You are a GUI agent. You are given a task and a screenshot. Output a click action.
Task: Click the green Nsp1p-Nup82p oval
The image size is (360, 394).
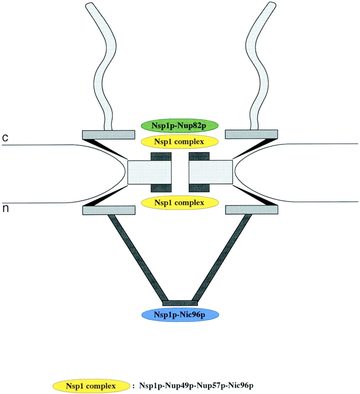(x=180, y=125)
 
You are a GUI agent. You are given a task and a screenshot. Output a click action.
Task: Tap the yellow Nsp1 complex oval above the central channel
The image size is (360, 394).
(x=180, y=141)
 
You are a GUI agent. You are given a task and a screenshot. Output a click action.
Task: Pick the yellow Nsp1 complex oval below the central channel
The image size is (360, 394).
(x=180, y=202)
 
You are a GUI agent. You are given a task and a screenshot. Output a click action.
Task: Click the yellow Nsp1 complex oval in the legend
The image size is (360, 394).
(x=90, y=385)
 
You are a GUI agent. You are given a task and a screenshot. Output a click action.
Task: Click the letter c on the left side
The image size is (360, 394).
(x=6, y=138)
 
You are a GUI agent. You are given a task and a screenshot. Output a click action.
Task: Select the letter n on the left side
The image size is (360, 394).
(x=6, y=208)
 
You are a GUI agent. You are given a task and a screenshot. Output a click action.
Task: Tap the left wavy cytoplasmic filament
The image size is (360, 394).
(x=102, y=69)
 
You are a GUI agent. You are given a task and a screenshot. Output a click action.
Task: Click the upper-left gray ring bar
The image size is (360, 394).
(x=109, y=134)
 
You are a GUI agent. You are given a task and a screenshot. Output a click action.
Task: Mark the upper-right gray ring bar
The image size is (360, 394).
(x=251, y=134)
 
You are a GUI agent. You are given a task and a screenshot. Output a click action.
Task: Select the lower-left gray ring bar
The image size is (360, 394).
(x=109, y=210)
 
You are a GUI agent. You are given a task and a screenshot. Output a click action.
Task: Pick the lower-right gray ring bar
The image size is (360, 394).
(x=251, y=210)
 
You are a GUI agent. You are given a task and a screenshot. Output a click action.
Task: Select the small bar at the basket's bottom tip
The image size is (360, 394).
(x=180, y=303)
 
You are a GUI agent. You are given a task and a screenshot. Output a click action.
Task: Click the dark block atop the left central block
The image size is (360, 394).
(x=161, y=156)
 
